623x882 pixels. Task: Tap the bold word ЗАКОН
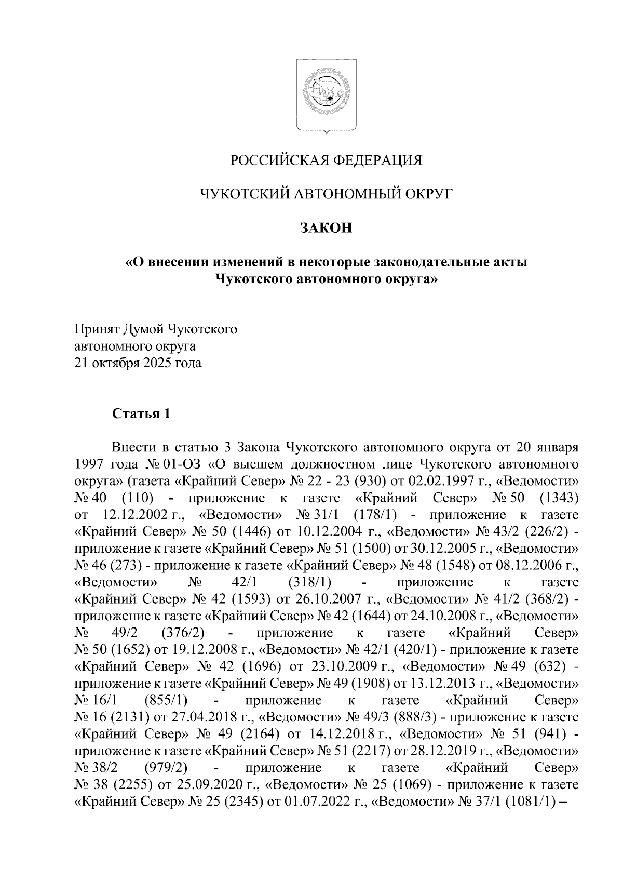tap(327, 228)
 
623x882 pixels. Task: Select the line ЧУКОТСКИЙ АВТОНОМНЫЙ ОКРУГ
tap(327, 194)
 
